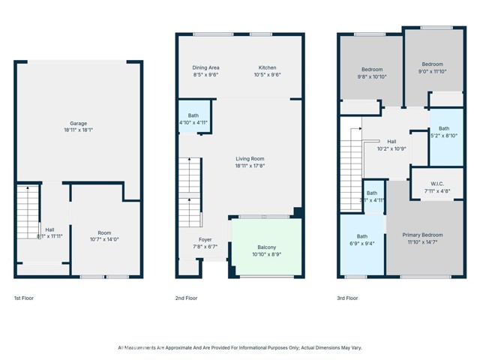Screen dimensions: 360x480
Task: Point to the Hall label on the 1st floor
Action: (x=49, y=229)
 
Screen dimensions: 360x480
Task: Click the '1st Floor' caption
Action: (x=24, y=298)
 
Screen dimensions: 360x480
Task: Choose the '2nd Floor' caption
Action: (x=186, y=298)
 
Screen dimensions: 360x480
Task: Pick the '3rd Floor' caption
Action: (x=347, y=298)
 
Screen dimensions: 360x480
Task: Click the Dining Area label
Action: (x=206, y=68)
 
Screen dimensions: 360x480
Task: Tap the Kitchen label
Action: (x=268, y=68)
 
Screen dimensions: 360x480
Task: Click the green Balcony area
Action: (x=267, y=247)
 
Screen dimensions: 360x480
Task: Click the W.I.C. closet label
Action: (x=438, y=184)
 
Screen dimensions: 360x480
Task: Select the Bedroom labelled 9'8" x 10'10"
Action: (x=372, y=70)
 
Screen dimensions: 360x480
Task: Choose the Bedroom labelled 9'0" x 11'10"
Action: (x=432, y=64)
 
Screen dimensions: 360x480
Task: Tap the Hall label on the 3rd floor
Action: (x=391, y=141)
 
